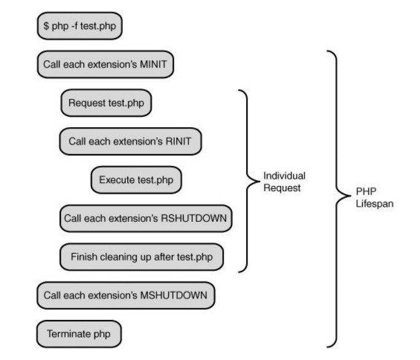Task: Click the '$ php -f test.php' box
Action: [x=79, y=27]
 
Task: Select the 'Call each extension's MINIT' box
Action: [x=105, y=65]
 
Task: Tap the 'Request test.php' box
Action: [x=106, y=103]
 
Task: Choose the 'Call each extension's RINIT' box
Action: [x=130, y=141]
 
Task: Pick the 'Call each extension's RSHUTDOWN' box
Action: [x=146, y=219]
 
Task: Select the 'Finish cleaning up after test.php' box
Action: [x=141, y=257]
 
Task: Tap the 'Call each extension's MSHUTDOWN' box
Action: [x=126, y=295]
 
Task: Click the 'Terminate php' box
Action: [x=79, y=334]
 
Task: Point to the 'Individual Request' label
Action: [x=284, y=182]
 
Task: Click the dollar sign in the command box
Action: [x=46, y=27]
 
